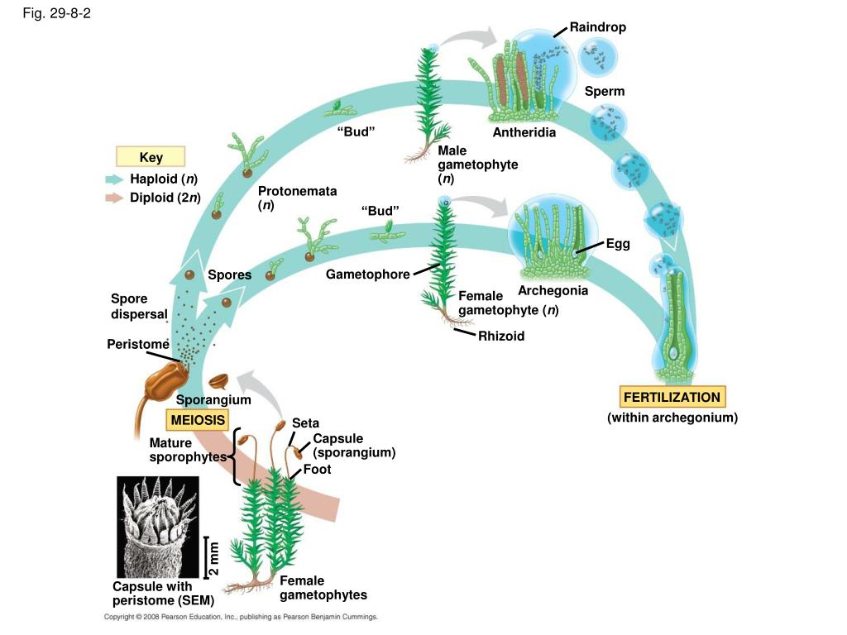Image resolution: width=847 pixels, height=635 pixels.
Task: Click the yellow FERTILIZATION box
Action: [672, 397]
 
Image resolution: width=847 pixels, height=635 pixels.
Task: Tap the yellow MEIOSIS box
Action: [198, 419]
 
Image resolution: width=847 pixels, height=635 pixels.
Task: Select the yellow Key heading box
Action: [151, 156]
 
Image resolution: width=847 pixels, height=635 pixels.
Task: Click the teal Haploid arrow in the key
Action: [114, 179]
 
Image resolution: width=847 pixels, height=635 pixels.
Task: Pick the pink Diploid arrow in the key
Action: [114, 198]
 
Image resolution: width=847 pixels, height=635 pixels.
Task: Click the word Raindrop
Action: [597, 27]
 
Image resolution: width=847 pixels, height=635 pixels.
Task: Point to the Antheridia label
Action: [524, 132]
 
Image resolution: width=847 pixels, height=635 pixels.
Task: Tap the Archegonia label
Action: [553, 290]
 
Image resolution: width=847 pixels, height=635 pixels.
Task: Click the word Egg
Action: [618, 244]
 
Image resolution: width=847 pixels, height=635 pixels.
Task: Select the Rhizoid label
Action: [501, 336]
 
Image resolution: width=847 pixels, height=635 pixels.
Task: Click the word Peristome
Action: [138, 344]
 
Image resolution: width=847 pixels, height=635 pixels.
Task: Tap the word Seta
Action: [305, 423]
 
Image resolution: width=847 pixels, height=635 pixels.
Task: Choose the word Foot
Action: [317, 470]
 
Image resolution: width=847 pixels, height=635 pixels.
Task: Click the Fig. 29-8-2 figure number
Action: [57, 13]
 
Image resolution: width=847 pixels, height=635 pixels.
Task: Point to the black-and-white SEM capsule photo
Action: [158, 527]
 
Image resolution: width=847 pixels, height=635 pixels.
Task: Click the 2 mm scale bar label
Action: [214, 558]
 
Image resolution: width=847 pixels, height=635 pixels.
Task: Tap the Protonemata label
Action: [297, 198]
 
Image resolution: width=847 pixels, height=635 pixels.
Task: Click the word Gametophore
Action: [367, 275]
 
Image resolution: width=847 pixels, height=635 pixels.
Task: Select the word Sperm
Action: [605, 91]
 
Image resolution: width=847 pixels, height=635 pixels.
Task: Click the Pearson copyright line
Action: [241, 617]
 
